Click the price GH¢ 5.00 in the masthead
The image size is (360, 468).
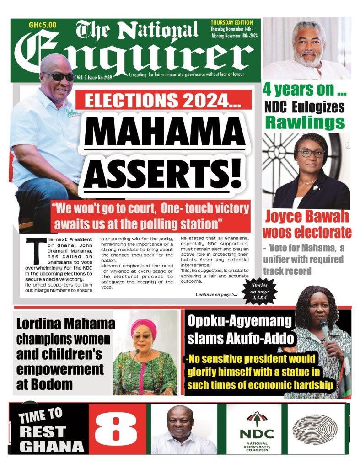pos(42,26)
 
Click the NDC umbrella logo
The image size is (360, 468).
pos(256,419)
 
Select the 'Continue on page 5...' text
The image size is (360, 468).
pos(216,294)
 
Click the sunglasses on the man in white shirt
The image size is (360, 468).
pos(59,76)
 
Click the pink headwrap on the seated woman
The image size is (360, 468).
pos(143,325)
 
